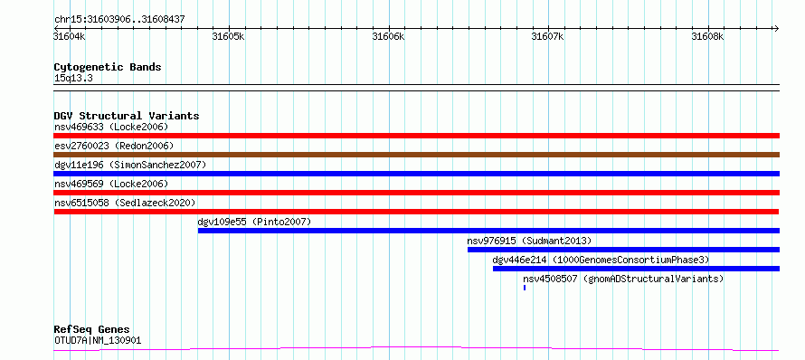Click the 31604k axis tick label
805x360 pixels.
[x=70, y=36]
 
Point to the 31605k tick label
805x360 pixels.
[x=229, y=36]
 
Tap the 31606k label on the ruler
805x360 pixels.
[x=388, y=36]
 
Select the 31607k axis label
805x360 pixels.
[x=548, y=36]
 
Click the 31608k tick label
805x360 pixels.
[x=707, y=36]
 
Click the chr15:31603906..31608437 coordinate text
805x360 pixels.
[x=119, y=20]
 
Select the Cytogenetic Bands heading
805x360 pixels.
[x=108, y=67]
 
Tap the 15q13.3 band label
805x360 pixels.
[x=73, y=79]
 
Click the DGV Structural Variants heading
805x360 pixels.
[x=127, y=116]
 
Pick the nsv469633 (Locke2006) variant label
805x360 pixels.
[x=111, y=127]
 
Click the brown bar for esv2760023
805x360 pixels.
[x=417, y=155]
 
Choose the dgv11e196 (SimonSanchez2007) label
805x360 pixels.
[x=130, y=165]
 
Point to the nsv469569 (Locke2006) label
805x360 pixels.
[x=111, y=184]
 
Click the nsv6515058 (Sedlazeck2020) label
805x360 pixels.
[x=125, y=203]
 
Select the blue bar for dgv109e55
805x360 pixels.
[x=488, y=231]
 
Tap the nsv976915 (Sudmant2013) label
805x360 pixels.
[x=529, y=241]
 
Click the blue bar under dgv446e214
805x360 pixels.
[x=636, y=269]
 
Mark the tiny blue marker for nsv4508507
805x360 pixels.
[x=525, y=288]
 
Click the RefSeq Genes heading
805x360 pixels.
[x=92, y=330]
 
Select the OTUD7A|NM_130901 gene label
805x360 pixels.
[x=98, y=340]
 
